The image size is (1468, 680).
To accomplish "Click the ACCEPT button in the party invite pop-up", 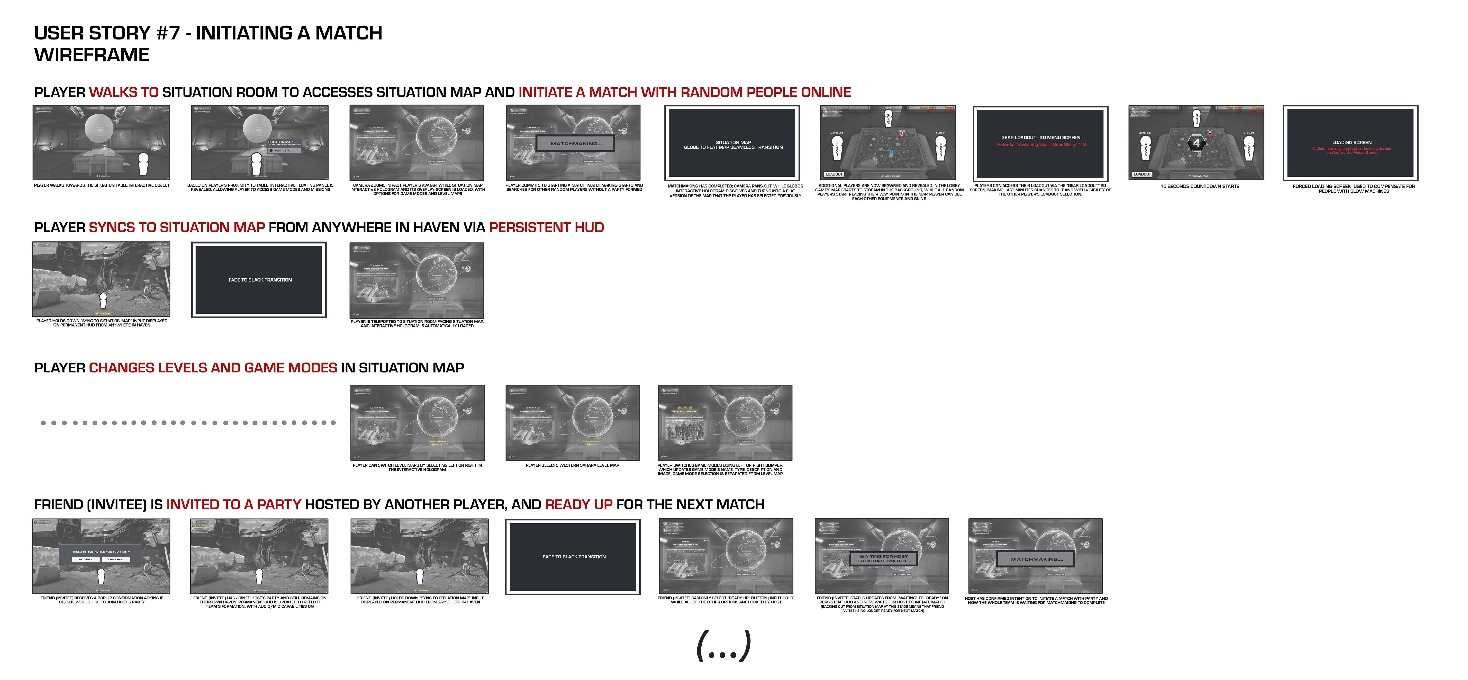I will [x=85, y=559].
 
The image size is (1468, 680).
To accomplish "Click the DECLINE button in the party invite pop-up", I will [x=116, y=559].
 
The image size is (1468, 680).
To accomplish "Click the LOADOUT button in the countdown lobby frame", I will [x=1142, y=174].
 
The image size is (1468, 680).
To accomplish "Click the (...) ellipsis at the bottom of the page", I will [x=724, y=646].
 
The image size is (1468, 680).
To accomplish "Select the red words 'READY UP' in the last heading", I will [x=578, y=505].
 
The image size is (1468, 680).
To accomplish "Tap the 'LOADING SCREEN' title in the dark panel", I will [x=1351, y=142].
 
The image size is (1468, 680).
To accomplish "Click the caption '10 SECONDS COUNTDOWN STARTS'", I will [x=1200, y=186].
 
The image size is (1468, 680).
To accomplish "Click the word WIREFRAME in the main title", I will [x=92, y=55].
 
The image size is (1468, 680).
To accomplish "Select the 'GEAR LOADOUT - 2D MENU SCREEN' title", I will [x=1041, y=137].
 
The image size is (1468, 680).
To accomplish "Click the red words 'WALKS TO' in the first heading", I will [x=124, y=92].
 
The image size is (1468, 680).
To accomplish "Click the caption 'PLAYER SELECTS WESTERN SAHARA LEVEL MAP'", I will [x=572, y=465].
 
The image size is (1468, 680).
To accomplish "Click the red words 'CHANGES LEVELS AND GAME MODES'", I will [x=213, y=368].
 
